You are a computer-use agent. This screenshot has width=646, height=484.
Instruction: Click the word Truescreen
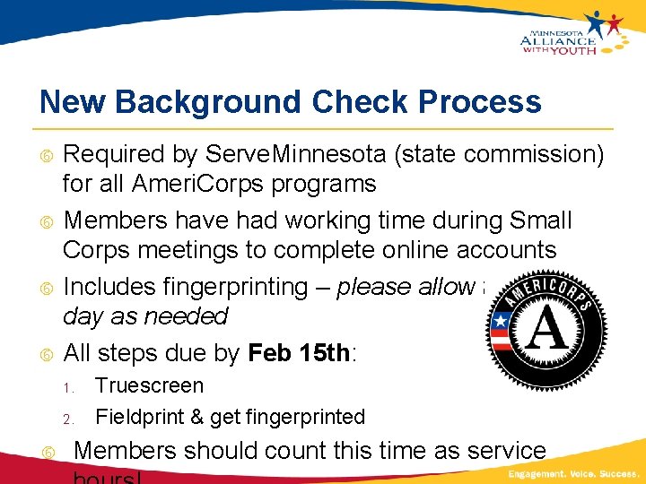149,386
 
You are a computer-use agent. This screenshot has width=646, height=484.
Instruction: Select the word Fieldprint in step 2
135,417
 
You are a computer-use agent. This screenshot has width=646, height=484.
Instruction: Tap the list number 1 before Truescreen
66,388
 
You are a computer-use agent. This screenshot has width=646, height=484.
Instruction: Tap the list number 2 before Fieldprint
66,419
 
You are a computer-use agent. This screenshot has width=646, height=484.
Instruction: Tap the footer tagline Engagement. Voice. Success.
573,473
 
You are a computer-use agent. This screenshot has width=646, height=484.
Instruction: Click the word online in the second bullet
393,250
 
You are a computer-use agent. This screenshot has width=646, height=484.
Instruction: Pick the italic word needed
191,316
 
